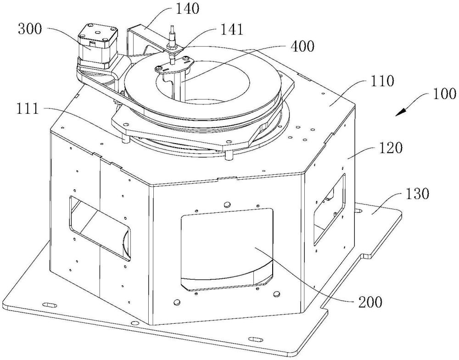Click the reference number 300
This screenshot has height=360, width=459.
pyautogui.click(x=30, y=29)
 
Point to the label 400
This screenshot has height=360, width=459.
pyautogui.click(x=302, y=46)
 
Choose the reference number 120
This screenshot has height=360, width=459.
pyautogui.click(x=390, y=148)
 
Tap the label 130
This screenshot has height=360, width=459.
pyautogui.click(x=417, y=194)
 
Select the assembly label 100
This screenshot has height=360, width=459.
pyautogui.click(x=444, y=94)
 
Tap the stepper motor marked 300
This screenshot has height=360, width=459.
pyautogui.click(x=97, y=48)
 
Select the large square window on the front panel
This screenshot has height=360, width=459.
pyautogui.click(x=228, y=249)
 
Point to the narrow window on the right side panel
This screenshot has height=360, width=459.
pyautogui.click(x=329, y=210)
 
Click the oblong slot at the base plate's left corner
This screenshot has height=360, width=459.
pyautogui.click(x=50, y=305)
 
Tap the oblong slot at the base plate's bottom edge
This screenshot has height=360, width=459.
pyautogui.click(x=255, y=339)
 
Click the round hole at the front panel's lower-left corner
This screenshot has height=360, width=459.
pyautogui.click(x=176, y=301)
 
